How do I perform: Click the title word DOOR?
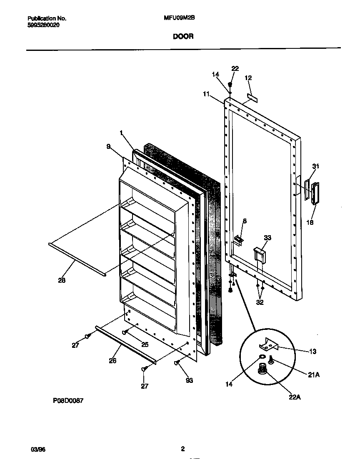183,36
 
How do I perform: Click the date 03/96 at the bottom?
37,449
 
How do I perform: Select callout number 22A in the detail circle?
294,397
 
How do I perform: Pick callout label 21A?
314,375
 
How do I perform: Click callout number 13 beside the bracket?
312,352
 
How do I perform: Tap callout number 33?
267,238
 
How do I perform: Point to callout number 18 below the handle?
310,222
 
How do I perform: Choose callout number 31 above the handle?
315,166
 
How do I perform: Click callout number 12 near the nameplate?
248,78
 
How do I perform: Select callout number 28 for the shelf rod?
62,280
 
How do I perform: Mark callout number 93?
189,380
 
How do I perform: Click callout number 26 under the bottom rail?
112,361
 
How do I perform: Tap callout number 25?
145,344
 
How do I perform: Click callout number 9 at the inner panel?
108,146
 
